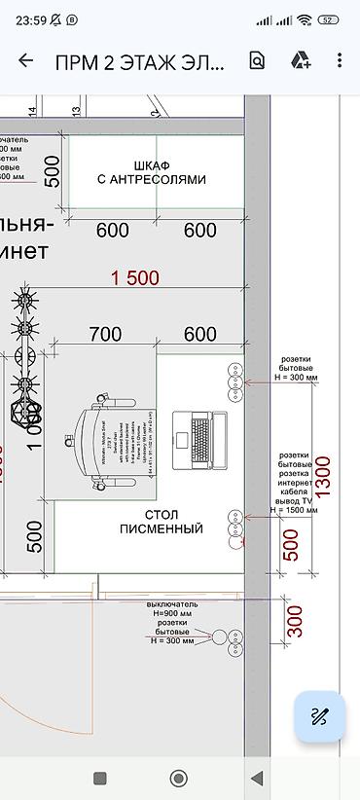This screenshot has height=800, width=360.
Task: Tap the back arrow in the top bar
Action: pyautogui.click(x=26, y=60)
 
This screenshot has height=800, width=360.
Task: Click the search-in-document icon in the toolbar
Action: pyautogui.click(x=257, y=60)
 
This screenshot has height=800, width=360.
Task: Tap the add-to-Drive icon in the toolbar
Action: pyautogui.click(x=300, y=60)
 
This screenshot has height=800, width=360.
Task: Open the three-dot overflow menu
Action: pyautogui.click(x=339, y=60)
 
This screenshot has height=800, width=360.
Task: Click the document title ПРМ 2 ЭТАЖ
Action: pyautogui.click(x=140, y=61)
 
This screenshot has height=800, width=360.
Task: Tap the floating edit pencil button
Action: pyautogui.click(x=319, y=717)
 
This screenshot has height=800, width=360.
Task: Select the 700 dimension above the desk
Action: pyautogui.click(x=104, y=335)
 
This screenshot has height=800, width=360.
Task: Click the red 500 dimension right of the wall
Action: pyautogui.click(x=290, y=545)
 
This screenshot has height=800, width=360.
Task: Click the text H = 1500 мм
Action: pyautogui.click(x=296, y=509)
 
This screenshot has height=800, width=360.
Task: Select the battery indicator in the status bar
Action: pyautogui.click(x=328, y=19)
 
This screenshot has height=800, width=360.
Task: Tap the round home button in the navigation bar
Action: pyautogui.click(x=179, y=778)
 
